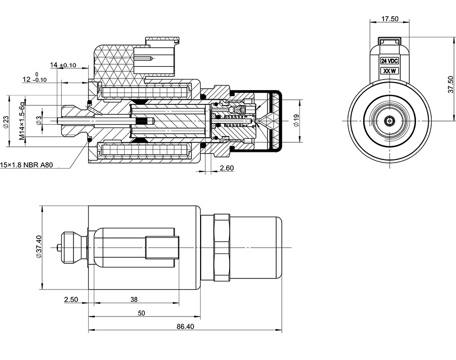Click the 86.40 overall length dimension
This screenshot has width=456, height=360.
point(185,327)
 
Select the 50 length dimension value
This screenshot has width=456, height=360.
point(141,313)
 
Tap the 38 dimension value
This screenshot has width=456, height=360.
point(134,299)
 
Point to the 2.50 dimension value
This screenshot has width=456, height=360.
point(70,299)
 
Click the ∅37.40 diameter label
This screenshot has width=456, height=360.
point(39,247)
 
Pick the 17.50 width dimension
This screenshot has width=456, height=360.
point(390,19)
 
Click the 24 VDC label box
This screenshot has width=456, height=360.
point(390,60)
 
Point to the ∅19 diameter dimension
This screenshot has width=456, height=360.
point(296,120)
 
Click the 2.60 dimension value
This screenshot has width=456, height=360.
point(226,168)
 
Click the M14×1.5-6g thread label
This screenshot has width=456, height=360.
point(22,121)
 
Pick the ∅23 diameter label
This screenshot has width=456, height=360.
point(6,122)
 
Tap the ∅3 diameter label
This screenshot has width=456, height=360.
point(39,121)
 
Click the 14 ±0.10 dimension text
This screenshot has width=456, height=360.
point(63,65)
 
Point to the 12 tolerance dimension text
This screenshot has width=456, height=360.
point(34,79)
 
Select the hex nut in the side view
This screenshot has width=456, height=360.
point(221,247)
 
